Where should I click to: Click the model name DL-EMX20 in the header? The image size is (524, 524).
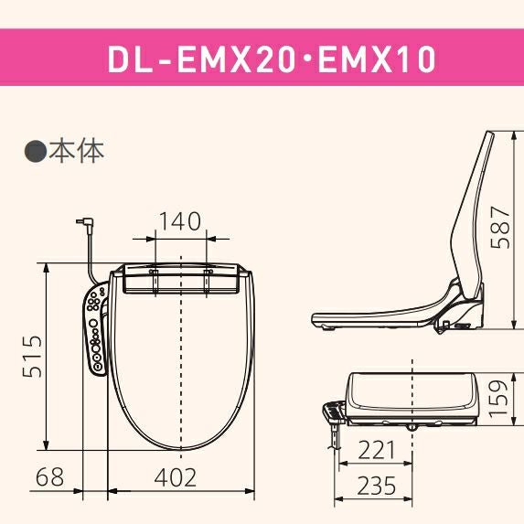point(187,59)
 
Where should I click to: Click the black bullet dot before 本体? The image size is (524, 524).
point(35,151)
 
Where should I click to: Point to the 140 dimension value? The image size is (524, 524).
point(180,221)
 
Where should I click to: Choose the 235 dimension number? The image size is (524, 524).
point(377,486)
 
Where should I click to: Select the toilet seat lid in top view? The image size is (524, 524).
point(181,366)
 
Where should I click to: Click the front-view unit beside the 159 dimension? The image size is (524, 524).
point(412,398)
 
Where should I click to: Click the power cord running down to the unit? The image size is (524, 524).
point(91,256)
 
